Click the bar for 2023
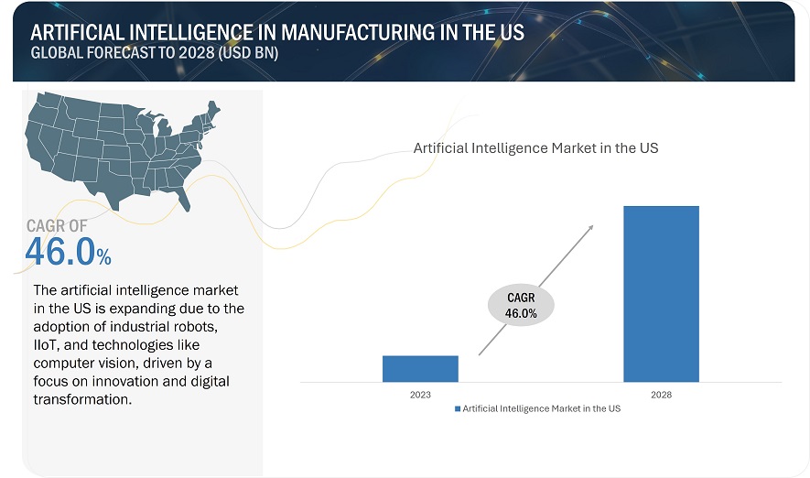tap(420, 368)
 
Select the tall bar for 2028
tap(661, 293)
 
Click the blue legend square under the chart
tap(458, 408)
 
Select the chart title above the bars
tap(535, 147)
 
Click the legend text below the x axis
tap(542, 408)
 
